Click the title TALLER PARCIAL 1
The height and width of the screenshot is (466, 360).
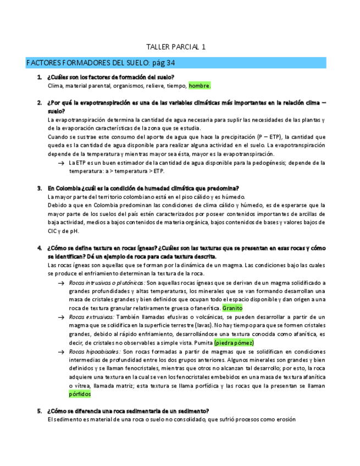[x=176, y=47]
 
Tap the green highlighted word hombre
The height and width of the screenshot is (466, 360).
[x=199, y=86]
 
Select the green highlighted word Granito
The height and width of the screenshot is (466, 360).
[x=232, y=308]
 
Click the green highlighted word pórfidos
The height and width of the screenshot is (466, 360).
[x=80, y=394]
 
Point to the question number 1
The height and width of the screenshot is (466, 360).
[x=40, y=77]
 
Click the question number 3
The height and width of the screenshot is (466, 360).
[x=40, y=188]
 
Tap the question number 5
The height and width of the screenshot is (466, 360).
[x=40, y=410]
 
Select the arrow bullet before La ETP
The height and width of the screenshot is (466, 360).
[x=60, y=163]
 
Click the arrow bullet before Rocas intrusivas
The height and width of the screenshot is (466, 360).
[x=60, y=282]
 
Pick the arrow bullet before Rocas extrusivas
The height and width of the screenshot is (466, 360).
[x=60, y=317]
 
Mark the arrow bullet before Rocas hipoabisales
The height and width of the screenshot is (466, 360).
[x=60, y=352]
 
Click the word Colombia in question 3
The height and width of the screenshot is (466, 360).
[x=68, y=188]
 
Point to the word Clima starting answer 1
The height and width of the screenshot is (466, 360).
[x=55, y=86]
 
